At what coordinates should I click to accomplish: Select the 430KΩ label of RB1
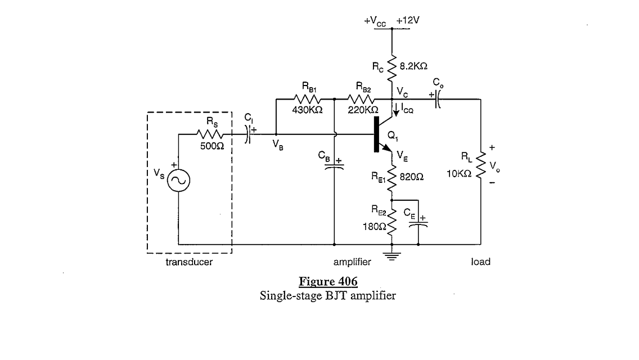tap(307, 110)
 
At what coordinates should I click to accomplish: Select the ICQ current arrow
tap(397, 111)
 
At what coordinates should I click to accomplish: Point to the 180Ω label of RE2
tap(375, 226)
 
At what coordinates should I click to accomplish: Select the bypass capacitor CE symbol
tap(418, 224)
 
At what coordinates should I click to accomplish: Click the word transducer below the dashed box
tap(189, 262)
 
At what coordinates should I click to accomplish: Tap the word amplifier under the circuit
tap(352, 262)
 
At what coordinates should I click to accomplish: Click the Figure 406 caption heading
tap(328, 281)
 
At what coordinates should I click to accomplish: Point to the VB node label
tap(277, 143)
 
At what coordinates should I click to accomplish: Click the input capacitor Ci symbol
tap(247, 134)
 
